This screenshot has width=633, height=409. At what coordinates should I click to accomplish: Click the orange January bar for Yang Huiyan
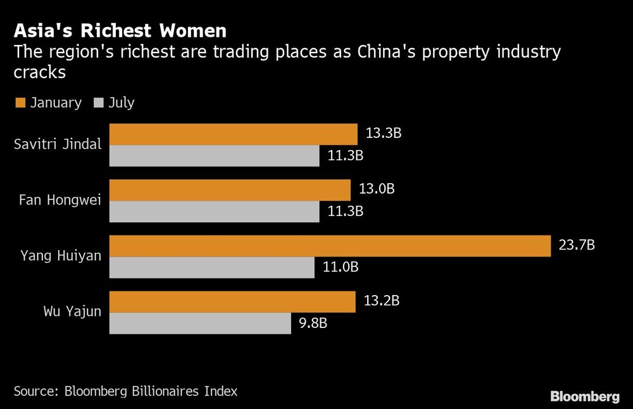(x=330, y=246)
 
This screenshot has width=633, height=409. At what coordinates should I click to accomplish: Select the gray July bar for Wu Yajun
(x=200, y=324)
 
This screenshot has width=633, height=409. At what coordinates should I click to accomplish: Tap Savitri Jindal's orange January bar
(x=234, y=134)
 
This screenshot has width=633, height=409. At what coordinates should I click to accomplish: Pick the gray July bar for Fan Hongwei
(x=215, y=211)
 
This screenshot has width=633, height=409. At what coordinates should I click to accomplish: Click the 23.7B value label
(x=577, y=245)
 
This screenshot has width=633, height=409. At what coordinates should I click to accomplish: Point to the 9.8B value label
(x=313, y=324)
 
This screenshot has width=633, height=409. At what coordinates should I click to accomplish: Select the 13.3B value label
(x=384, y=134)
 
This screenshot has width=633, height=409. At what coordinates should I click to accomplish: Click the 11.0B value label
(x=341, y=267)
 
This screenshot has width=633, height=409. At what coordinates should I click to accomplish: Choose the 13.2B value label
(x=381, y=301)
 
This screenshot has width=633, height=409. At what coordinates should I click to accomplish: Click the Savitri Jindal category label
(x=58, y=144)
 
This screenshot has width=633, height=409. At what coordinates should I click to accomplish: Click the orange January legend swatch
(x=20, y=103)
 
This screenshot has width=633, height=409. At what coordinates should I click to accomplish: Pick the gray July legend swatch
(x=99, y=103)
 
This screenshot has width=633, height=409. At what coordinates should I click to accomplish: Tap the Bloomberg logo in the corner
(x=584, y=397)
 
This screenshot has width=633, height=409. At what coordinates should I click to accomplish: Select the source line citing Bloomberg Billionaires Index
(x=125, y=391)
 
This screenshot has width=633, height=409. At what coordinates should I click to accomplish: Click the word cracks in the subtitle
(x=40, y=73)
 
